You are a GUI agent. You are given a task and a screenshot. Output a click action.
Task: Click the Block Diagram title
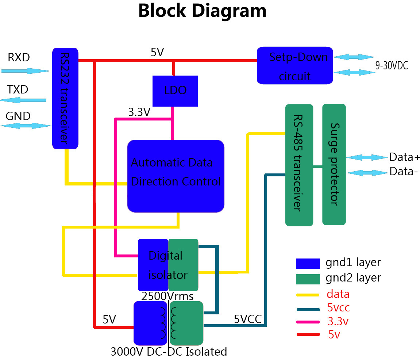[202, 11]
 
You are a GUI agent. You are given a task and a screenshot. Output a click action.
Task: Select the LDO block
[175, 91]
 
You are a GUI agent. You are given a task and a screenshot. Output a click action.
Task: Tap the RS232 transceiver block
[65, 98]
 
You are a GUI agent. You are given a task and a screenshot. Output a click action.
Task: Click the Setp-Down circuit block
[295, 66]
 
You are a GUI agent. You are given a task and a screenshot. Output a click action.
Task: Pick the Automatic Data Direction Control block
[175, 176]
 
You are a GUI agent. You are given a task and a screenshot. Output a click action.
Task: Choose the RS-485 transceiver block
[299, 164]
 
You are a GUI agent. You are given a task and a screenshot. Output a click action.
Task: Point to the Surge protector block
[334, 164]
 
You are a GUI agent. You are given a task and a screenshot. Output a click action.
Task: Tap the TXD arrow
[23, 100]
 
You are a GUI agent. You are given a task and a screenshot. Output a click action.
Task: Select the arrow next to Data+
[366, 157]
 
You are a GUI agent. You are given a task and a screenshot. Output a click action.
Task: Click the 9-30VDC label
[392, 66]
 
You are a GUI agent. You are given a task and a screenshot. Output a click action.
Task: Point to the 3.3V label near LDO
[139, 112]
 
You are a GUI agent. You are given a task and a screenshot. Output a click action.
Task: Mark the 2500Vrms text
[167, 296]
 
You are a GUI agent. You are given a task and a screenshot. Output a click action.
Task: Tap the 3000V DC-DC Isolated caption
[169, 352]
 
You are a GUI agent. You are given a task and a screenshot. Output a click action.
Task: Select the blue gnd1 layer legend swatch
[308, 263]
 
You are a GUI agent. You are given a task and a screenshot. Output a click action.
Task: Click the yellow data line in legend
[308, 294]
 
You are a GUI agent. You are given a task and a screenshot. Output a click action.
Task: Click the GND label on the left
[18, 116]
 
